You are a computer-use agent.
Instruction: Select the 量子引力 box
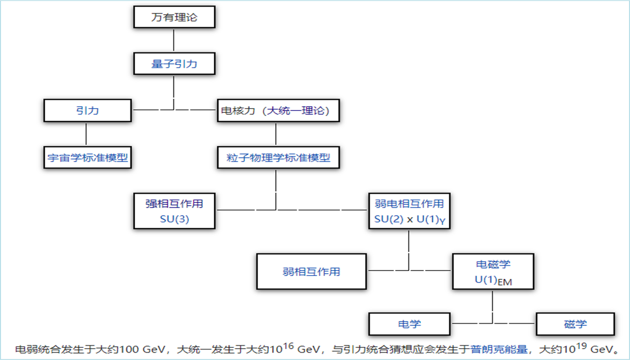pyautogui.click(x=174, y=64)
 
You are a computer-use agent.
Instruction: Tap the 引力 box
pyautogui.click(x=87, y=111)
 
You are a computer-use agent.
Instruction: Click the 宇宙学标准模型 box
pyautogui.click(x=87, y=158)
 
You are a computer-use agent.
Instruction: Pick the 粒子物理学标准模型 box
pyautogui.click(x=278, y=158)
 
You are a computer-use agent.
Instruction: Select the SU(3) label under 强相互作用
pyautogui.click(x=174, y=220)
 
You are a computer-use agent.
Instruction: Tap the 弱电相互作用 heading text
pyautogui.click(x=409, y=203)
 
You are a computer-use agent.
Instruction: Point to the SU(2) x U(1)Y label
pyautogui.click(x=409, y=220)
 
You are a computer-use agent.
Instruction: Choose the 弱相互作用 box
pyautogui.click(x=311, y=271)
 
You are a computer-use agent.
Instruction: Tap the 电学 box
pyautogui.click(x=409, y=325)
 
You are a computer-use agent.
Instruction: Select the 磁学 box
pyautogui.click(x=575, y=325)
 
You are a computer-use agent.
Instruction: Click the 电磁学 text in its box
pyautogui.click(x=492, y=264)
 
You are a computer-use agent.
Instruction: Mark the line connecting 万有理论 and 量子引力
pyautogui.click(x=174, y=40)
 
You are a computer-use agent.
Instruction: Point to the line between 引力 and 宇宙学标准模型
pyautogui.click(x=86, y=134)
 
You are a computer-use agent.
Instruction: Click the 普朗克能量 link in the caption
pyautogui.click(x=498, y=350)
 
